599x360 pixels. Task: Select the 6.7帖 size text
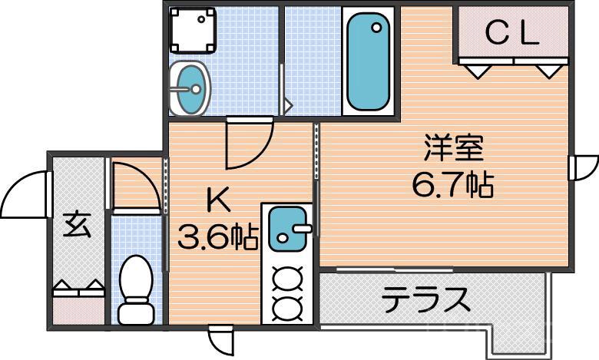pyautogui.click(x=452, y=185)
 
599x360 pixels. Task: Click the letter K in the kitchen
pyautogui.click(x=217, y=201)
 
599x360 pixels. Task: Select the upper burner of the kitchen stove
pyautogui.click(x=288, y=275)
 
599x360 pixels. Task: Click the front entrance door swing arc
pyautogui.click(x=25, y=194)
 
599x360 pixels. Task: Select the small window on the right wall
pyautogui.click(x=582, y=166)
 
